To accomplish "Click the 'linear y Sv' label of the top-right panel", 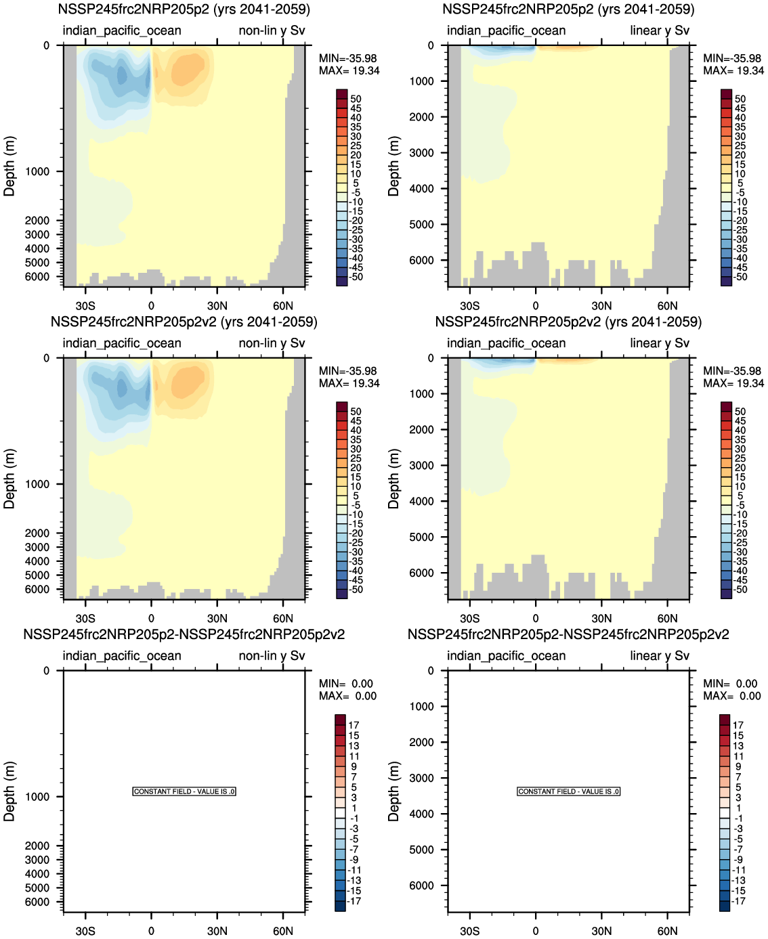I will pos(659,30).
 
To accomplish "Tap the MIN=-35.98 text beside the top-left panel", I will pos(348,59).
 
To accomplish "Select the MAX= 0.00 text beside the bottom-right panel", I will pos(731,696).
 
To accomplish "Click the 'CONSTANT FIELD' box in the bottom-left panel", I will pos(184,791).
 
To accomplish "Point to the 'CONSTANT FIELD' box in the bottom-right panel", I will pos(568,791).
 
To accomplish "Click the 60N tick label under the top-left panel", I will pos(283,306).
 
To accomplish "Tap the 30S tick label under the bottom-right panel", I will pos(469,931).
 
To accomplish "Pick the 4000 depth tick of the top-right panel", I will pos(422,188).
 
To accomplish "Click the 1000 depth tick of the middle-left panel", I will pos(37,484).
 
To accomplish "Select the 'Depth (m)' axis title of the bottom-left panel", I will pos(9,791).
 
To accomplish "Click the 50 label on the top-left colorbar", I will pos(356,99).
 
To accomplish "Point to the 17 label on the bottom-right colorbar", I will pos(738,725).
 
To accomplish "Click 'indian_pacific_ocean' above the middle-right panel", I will pos(506,343).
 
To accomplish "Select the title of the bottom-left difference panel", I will pos(184,634).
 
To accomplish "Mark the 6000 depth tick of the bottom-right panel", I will pos(422,886).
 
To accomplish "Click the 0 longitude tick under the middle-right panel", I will pos(535,618).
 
